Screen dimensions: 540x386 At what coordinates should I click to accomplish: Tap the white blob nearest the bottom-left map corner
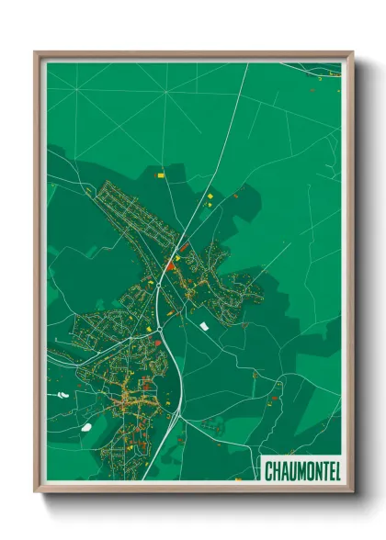pyautogui.click(x=85, y=426)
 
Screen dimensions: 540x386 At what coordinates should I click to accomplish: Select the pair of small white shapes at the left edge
pyautogui.click(x=62, y=395)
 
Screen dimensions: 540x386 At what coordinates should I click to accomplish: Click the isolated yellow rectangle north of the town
pyautogui.click(x=160, y=174)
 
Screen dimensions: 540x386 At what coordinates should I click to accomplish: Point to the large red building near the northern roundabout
pyautogui.click(x=169, y=265)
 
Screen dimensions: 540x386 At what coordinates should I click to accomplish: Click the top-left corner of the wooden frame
pyautogui.click(x=37, y=53)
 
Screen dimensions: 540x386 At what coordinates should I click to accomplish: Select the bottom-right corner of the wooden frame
pyautogui.click(x=352, y=490)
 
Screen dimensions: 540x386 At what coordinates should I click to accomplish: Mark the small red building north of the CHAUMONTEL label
pyautogui.click(x=275, y=400)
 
